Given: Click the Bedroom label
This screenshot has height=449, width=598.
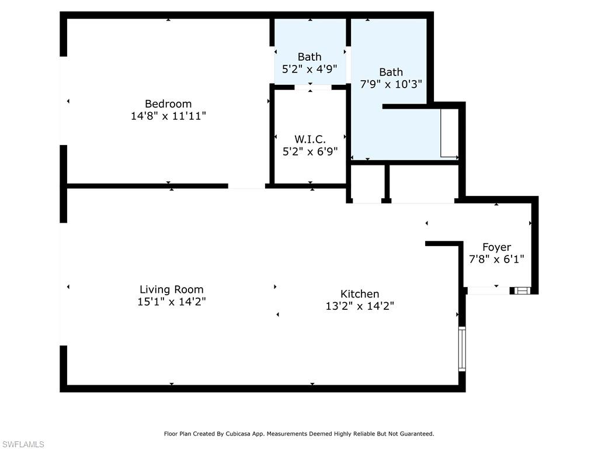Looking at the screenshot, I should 168,104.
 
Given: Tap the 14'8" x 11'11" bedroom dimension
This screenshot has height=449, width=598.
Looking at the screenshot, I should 168,116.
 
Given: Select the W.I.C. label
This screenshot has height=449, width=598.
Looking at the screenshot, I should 310,139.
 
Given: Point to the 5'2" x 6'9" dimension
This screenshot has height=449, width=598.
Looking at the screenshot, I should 310,151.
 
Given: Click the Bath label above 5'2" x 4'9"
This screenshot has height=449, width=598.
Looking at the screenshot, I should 310,57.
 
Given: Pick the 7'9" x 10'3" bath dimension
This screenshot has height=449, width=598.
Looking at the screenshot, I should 391,84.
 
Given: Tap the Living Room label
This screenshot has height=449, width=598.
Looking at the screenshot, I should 172,289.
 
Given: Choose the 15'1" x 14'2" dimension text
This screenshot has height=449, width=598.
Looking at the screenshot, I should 172,302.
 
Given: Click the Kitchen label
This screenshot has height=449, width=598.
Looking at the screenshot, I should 360,294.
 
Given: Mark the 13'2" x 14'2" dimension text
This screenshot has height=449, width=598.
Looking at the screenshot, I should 360,306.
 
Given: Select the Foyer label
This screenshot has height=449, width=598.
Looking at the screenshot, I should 496,247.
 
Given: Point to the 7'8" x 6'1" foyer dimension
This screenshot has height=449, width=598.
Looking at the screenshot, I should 496,258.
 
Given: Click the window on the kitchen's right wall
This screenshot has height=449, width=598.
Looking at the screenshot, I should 462,348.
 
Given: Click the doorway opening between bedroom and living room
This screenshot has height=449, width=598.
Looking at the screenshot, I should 246,186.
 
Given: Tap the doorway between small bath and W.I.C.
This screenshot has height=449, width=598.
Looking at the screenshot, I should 310,88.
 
